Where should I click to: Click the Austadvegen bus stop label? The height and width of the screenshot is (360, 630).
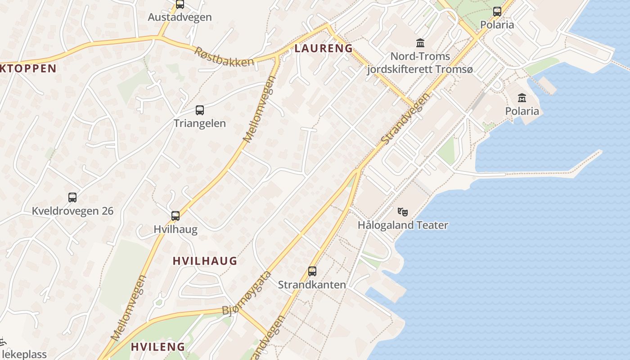click(x=180, y=18)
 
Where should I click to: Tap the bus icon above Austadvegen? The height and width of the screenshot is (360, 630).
click(x=180, y=4)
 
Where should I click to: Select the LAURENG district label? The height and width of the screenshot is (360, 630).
click(x=324, y=49)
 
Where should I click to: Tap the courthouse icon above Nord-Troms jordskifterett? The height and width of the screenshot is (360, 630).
click(x=420, y=43)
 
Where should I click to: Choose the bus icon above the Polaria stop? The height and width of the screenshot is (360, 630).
click(x=497, y=12)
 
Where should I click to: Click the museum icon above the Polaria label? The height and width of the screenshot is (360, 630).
click(x=522, y=98)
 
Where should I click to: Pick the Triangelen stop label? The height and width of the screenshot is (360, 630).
click(x=200, y=123)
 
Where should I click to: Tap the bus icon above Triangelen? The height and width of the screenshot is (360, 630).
click(x=200, y=110)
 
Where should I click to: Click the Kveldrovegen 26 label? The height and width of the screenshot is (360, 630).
click(x=72, y=211)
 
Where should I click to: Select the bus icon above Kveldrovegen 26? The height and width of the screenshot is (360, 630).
click(x=72, y=198)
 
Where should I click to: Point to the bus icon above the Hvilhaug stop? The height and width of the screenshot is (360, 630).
click(x=175, y=216)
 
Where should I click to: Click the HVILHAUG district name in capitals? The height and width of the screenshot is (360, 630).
click(x=205, y=261)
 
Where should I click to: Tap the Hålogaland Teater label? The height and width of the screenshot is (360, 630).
click(x=403, y=225)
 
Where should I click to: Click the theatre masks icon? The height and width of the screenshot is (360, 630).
click(x=402, y=211)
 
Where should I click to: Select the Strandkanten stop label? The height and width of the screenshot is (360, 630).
click(x=312, y=285)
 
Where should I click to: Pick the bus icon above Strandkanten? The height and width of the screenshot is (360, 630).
click(x=312, y=271)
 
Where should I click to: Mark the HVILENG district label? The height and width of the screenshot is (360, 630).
click(x=158, y=347)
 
